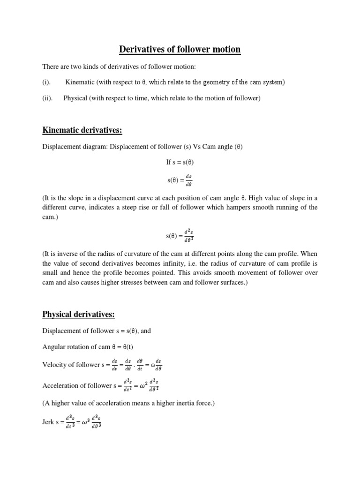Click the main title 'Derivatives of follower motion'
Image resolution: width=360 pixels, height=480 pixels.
click(x=180, y=49)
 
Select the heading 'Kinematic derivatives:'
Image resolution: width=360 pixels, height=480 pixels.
click(x=82, y=129)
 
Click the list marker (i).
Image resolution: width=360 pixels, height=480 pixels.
click(x=46, y=82)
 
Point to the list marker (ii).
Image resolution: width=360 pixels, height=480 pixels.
click(x=47, y=98)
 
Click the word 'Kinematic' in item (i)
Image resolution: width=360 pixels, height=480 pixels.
click(x=80, y=82)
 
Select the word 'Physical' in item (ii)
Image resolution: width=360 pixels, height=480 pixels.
click(x=76, y=98)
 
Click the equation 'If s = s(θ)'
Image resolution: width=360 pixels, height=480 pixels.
click(x=180, y=162)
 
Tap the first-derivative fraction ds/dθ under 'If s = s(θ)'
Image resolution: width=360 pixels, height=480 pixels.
click(x=188, y=180)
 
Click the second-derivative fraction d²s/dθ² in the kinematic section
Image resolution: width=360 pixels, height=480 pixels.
click(x=188, y=235)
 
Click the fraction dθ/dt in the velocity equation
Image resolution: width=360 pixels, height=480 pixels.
click(x=140, y=365)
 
